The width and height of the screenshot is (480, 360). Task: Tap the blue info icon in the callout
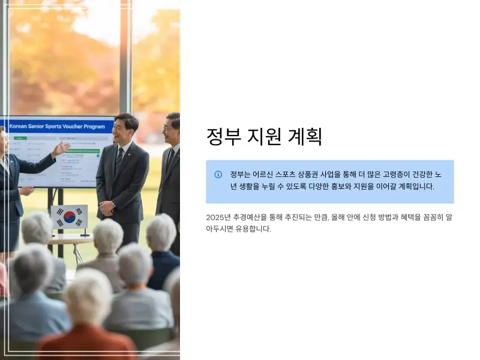tap(218, 175)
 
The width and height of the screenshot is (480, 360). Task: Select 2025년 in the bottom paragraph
tap(218, 217)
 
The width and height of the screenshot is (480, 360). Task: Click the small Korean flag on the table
tap(68, 217)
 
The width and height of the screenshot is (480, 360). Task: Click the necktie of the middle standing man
tap(119, 160)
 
